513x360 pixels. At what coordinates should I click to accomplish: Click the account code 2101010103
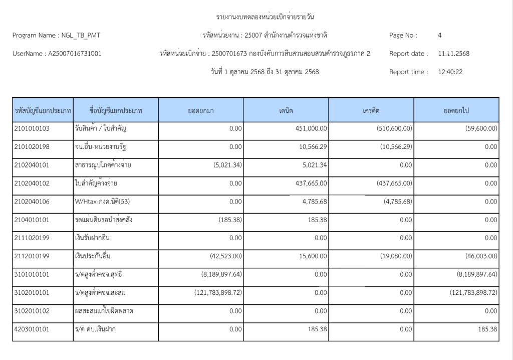[32, 129]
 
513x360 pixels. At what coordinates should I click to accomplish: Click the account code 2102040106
[32, 202]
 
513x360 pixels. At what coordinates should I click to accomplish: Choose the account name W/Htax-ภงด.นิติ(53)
[102, 202]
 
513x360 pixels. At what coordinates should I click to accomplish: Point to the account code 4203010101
[32, 329]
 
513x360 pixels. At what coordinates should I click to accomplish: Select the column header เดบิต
[286, 110]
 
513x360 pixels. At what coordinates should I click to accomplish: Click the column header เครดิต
[371, 110]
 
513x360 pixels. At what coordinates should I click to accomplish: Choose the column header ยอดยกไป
[456, 110]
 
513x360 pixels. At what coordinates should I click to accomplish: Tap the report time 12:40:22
[450, 72]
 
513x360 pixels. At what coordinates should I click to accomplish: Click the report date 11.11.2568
[453, 54]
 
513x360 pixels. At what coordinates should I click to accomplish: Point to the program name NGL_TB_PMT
[80, 36]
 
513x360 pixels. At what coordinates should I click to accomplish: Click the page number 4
[439, 36]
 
